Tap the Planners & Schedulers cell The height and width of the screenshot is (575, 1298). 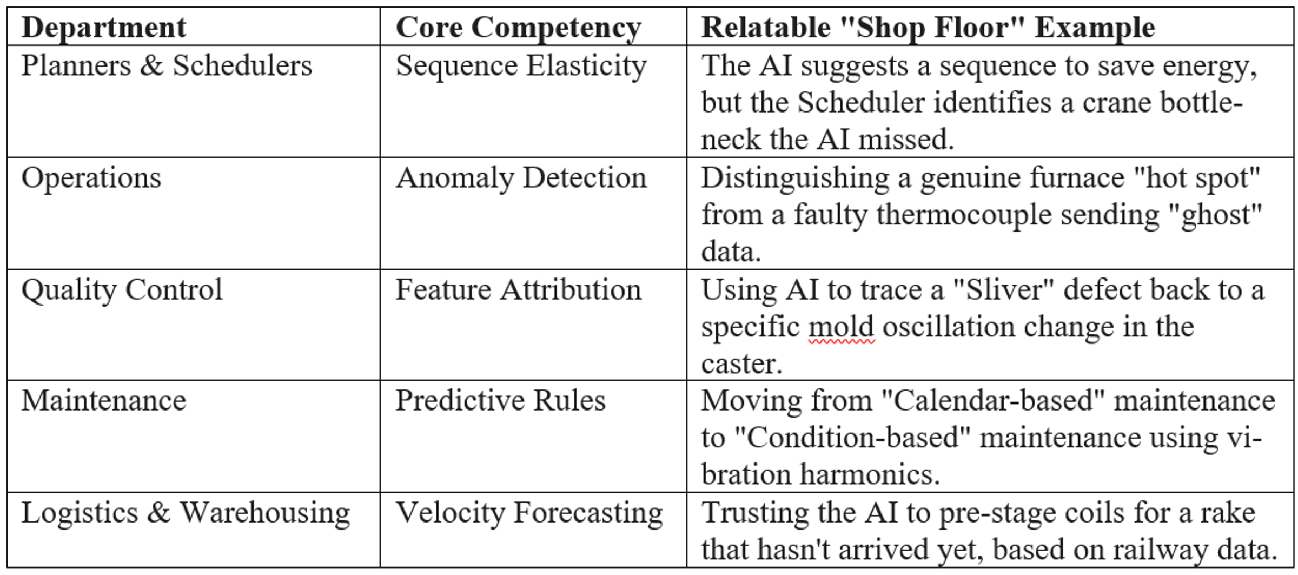pyautogui.click(x=167, y=66)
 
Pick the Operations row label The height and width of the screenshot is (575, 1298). pyautogui.click(x=91, y=179)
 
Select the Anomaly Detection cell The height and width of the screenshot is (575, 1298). pyautogui.click(x=521, y=179)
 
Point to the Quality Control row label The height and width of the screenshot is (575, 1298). pyautogui.click(x=122, y=290)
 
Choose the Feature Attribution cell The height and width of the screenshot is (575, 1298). pyautogui.click(x=518, y=290)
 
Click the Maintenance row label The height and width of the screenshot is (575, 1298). pyautogui.click(x=103, y=401)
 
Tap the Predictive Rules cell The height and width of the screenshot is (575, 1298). pyautogui.click(x=500, y=401)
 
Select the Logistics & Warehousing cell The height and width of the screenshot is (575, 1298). pyautogui.click(x=186, y=513)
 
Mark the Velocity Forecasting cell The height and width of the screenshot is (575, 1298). pyautogui.click(x=529, y=513)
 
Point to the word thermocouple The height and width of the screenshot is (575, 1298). pyautogui.click(x=963, y=215)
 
